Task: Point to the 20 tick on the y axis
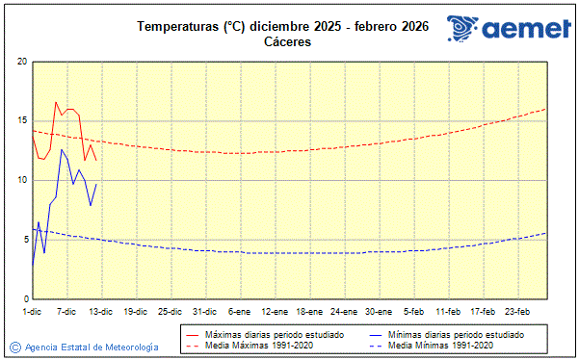click(x=21, y=62)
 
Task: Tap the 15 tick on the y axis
click(x=21, y=121)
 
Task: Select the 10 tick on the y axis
click(x=21, y=180)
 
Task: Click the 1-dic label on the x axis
click(x=32, y=311)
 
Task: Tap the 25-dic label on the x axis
click(x=170, y=311)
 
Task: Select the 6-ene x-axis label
click(x=239, y=311)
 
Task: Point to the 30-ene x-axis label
click(x=379, y=311)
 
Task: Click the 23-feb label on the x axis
click(x=518, y=311)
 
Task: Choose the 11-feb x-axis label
click(x=448, y=311)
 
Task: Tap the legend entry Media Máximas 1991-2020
click(x=259, y=345)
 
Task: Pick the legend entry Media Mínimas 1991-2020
click(x=444, y=345)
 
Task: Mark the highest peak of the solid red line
click(x=56, y=102)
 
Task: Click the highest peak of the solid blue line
click(x=62, y=149)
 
